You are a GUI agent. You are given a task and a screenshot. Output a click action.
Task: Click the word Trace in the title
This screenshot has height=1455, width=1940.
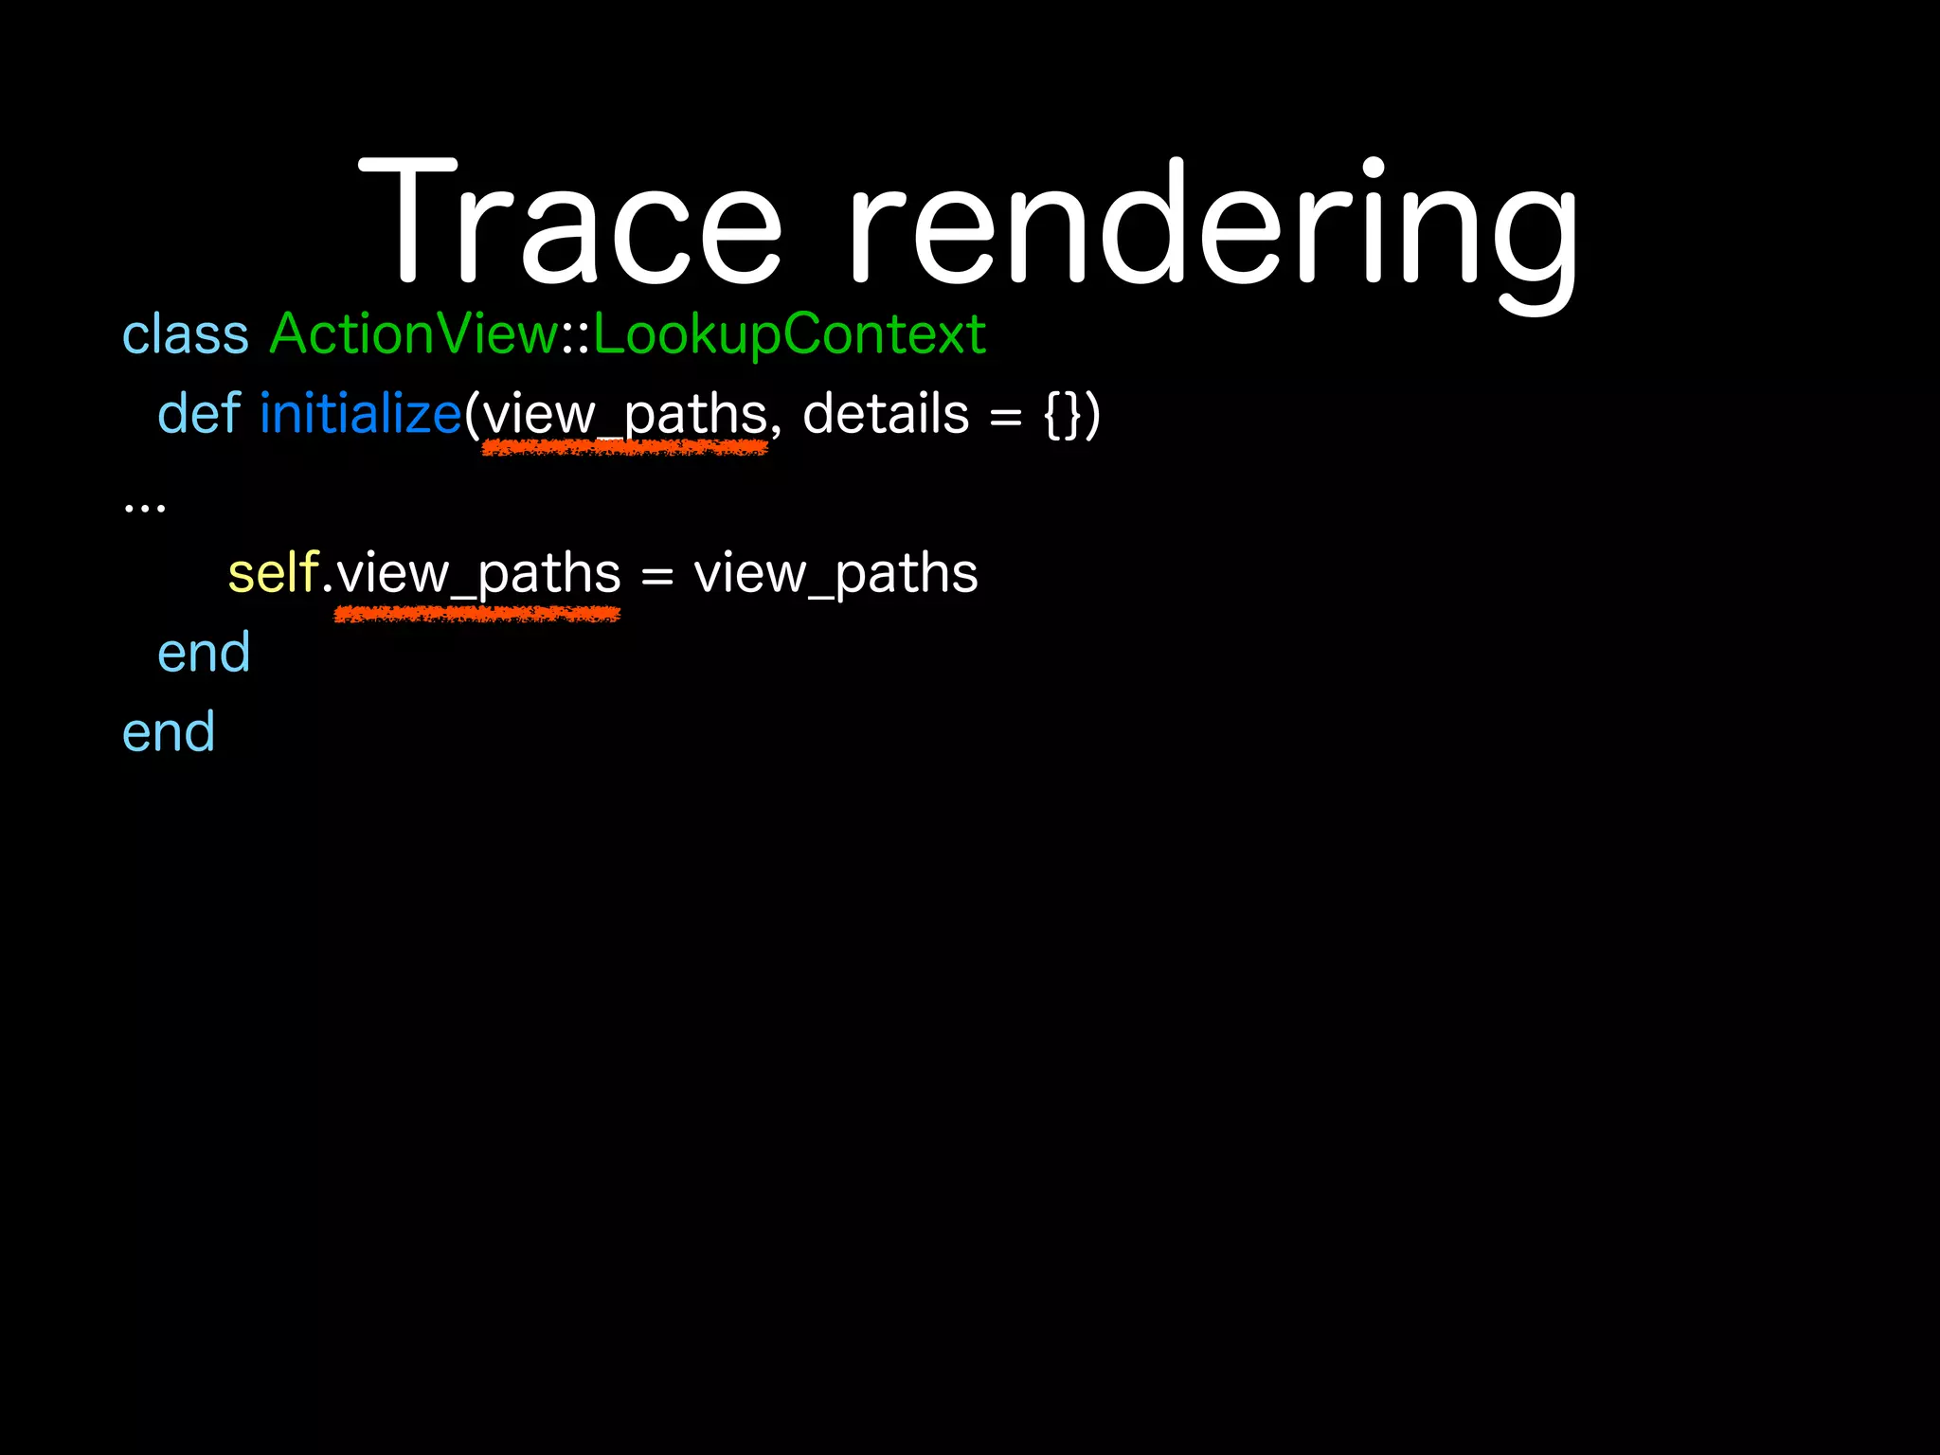click(569, 223)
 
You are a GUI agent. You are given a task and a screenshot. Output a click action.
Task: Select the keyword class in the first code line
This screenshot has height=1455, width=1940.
click(186, 334)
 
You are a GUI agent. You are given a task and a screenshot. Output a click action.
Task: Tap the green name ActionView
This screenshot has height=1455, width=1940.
click(414, 334)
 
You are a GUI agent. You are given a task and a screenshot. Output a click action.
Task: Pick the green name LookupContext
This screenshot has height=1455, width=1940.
click(789, 334)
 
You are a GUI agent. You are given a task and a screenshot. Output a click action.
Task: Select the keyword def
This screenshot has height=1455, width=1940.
click(199, 414)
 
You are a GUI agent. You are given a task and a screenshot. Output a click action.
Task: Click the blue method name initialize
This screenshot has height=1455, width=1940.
click(360, 414)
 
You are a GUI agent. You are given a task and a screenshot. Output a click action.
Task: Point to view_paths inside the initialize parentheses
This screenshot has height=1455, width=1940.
click(625, 415)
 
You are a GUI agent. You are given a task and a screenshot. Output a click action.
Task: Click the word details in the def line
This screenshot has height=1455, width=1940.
click(886, 414)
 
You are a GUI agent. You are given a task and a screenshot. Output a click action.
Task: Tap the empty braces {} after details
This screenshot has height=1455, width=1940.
click(1062, 415)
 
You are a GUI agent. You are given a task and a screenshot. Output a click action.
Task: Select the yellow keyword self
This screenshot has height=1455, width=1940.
click(273, 573)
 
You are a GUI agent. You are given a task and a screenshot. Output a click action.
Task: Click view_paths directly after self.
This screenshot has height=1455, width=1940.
click(478, 574)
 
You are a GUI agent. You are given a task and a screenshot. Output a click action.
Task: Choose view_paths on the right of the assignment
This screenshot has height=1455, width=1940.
click(835, 574)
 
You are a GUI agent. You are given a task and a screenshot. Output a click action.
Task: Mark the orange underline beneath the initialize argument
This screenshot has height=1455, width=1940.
click(625, 448)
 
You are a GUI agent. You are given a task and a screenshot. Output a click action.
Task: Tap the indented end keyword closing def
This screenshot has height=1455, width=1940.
click(204, 653)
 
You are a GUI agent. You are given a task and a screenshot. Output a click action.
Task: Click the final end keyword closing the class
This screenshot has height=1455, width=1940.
click(169, 732)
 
